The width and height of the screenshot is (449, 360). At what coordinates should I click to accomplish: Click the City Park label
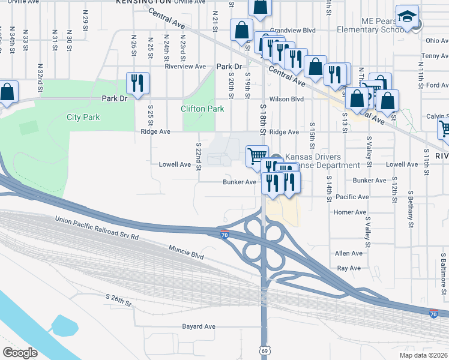(x=83, y=117)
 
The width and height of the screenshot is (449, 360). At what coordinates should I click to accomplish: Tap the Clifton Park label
(x=202, y=109)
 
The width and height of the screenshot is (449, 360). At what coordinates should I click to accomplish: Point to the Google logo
(x=20, y=353)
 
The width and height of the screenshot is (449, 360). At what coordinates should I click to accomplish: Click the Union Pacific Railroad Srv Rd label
(x=97, y=229)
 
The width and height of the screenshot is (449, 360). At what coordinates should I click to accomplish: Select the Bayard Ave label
(x=199, y=327)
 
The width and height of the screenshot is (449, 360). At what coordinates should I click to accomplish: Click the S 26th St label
(x=118, y=301)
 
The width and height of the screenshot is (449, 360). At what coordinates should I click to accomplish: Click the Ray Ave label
(x=349, y=268)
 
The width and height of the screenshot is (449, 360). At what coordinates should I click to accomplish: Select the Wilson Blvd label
(x=287, y=99)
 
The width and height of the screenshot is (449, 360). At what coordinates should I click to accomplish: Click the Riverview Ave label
(x=186, y=67)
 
